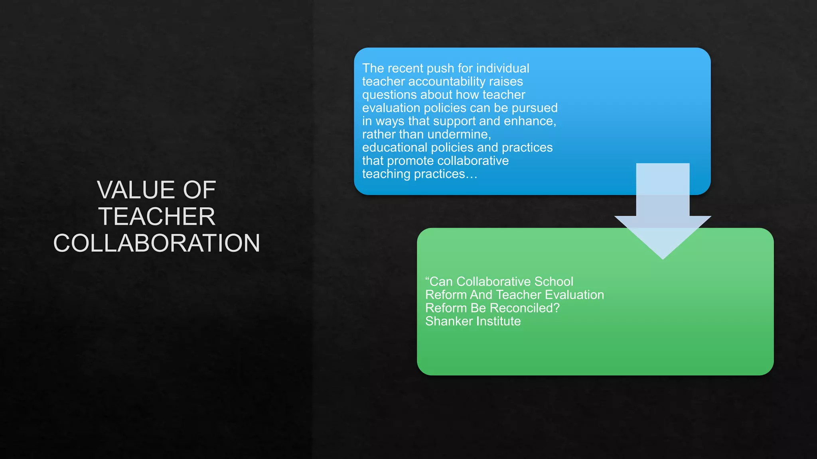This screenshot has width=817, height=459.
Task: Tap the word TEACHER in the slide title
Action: coord(157,216)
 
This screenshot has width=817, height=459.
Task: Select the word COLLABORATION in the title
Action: coord(157,243)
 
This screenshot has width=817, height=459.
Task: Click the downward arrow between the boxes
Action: coord(663,211)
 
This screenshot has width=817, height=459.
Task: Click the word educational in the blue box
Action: coord(395,147)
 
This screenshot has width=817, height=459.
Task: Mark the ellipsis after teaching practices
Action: coord(472,175)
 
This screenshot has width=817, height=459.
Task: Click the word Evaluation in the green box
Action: coord(574,295)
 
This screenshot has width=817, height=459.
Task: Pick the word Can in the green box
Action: coord(441,282)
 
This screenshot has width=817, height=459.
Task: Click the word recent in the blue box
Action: coord(405,68)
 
